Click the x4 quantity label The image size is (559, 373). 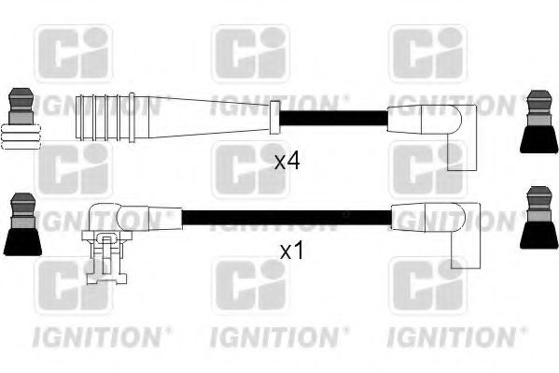pos(286,161)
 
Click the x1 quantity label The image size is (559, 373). pos(292,251)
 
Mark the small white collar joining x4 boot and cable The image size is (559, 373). pos(273,118)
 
